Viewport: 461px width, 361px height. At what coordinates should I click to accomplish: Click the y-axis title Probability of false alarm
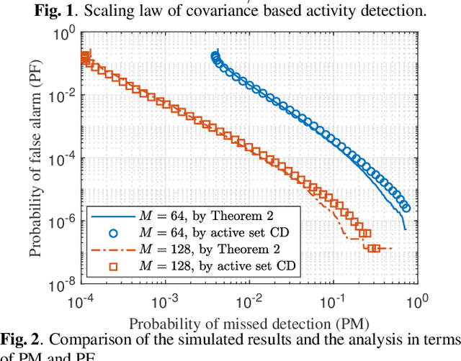[x=36, y=160]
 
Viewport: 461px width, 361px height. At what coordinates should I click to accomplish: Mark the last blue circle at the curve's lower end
[x=406, y=207]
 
